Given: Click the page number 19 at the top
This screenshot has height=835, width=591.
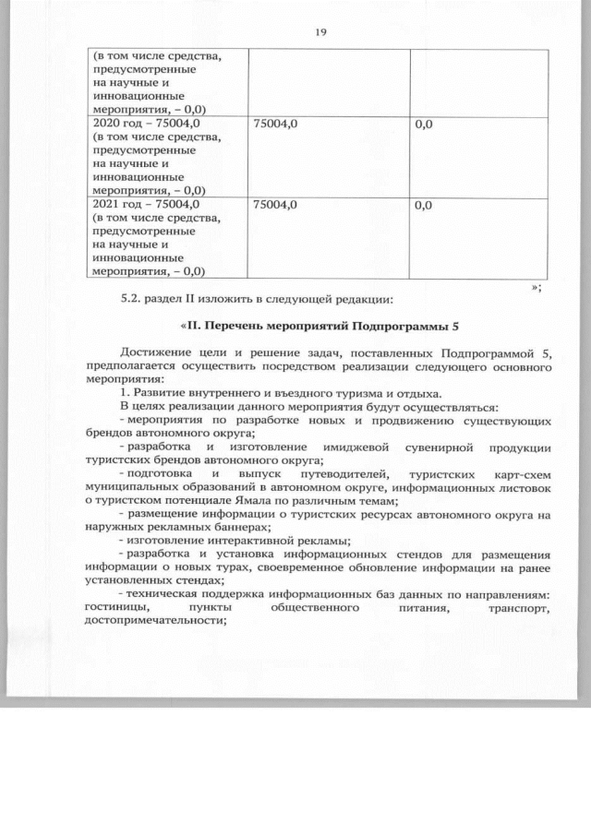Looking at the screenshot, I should click(320, 32).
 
